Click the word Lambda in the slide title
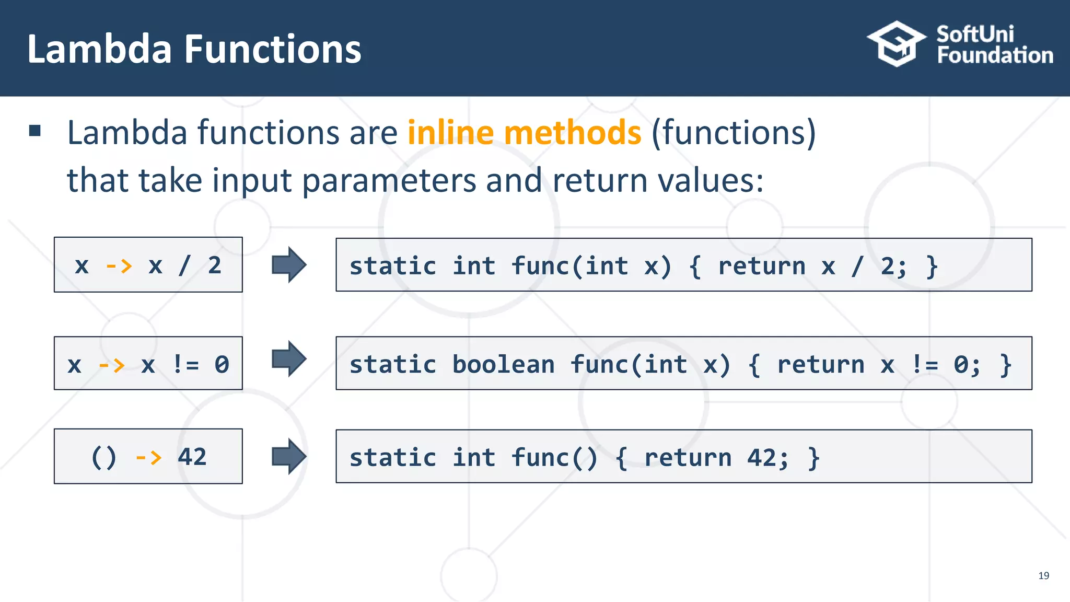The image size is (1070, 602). pyautogui.click(x=99, y=49)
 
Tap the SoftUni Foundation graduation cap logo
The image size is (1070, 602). pyautogui.click(x=897, y=44)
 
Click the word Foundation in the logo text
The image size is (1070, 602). pyautogui.click(x=995, y=55)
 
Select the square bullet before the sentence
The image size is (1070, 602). pyautogui.click(x=35, y=131)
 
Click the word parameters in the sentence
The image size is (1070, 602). pyautogui.click(x=389, y=180)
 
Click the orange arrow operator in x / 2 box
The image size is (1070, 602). pyautogui.click(x=119, y=266)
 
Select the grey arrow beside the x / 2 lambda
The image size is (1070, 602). pyautogui.click(x=288, y=265)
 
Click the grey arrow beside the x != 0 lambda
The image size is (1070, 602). pyautogui.click(x=288, y=359)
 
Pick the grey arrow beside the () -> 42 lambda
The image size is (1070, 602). pyautogui.click(x=288, y=457)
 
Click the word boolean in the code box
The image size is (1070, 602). pyautogui.click(x=503, y=364)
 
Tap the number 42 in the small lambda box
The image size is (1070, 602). pyautogui.click(x=192, y=457)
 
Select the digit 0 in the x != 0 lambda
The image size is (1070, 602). pyautogui.click(x=222, y=365)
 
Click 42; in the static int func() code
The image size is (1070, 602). pyautogui.click(x=767, y=458)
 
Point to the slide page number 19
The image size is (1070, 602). pyautogui.click(x=1043, y=575)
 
